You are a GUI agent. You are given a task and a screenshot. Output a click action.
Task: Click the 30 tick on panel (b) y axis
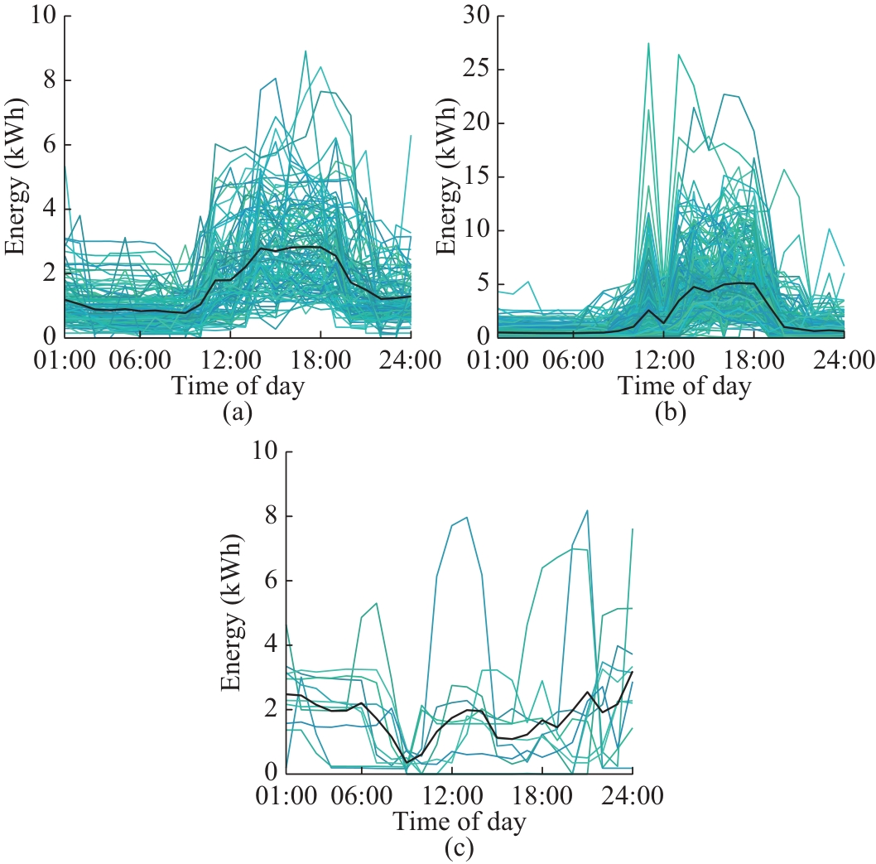pos(481,15)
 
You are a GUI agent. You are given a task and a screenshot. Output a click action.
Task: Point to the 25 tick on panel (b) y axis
pos(481,69)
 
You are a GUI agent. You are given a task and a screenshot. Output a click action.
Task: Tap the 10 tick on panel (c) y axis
pos(264,452)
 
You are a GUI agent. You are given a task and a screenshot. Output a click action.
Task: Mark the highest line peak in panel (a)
pos(306,51)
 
